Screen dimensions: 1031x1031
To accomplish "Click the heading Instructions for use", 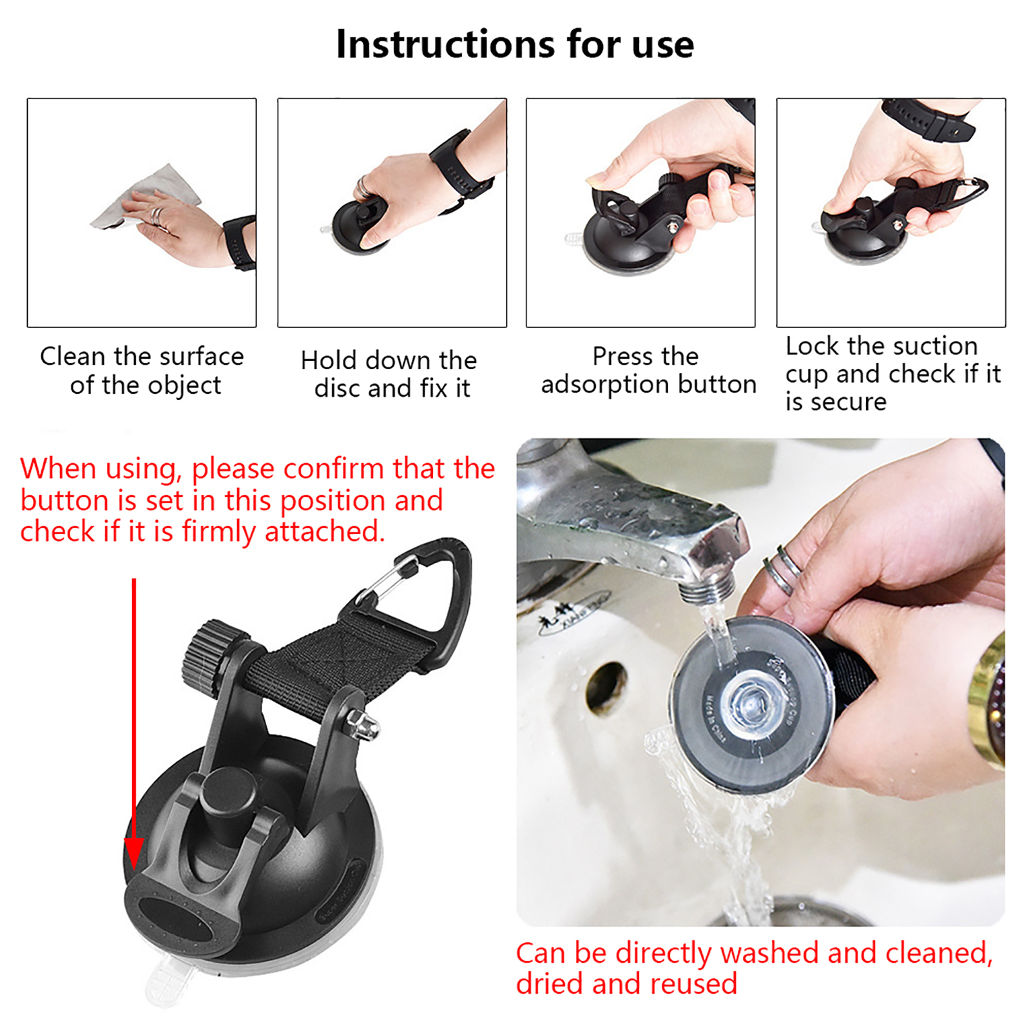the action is (515, 44).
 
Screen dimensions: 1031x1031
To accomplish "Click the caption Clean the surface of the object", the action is (142, 371).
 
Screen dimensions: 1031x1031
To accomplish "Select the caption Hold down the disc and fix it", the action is (389, 374).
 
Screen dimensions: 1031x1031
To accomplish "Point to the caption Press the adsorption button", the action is (648, 370).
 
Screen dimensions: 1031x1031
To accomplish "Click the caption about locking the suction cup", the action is (892, 374).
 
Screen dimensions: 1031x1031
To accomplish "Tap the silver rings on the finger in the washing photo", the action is (782, 568).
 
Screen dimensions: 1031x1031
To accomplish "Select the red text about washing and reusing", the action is (754, 968).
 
